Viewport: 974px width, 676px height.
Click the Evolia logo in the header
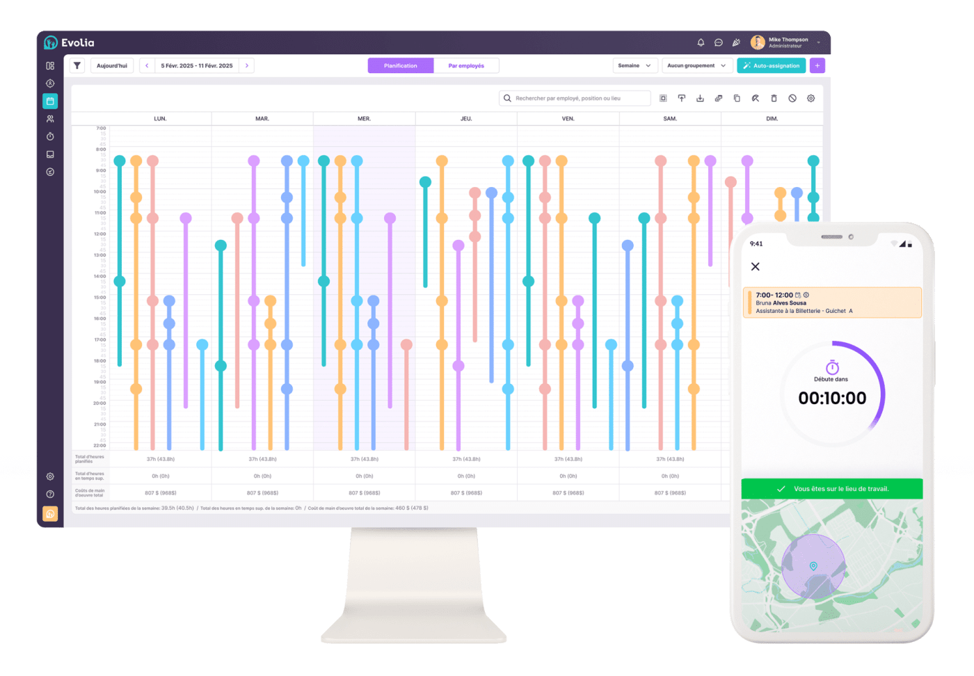[69, 42]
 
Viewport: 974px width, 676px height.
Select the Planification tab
[401, 65]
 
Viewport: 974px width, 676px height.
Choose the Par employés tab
[466, 65]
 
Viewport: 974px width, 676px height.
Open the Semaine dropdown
[634, 65]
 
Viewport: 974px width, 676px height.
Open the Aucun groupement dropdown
[696, 65]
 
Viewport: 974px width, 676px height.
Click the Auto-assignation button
[771, 65]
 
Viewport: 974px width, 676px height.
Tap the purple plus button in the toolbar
[817, 65]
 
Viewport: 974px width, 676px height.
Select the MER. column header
[364, 119]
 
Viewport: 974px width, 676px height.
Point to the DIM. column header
[772, 119]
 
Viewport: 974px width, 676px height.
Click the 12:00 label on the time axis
[100, 234]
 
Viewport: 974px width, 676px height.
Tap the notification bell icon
[701, 42]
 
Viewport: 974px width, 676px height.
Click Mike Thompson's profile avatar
[758, 42]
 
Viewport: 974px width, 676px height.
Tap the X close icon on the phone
[756, 266]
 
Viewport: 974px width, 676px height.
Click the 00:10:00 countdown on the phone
[832, 399]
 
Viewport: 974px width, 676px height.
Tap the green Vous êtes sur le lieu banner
[832, 489]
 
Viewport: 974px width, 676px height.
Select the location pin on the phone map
[813, 567]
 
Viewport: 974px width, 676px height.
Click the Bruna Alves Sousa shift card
[832, 303]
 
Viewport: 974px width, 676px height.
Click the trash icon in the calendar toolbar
[774, 98]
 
